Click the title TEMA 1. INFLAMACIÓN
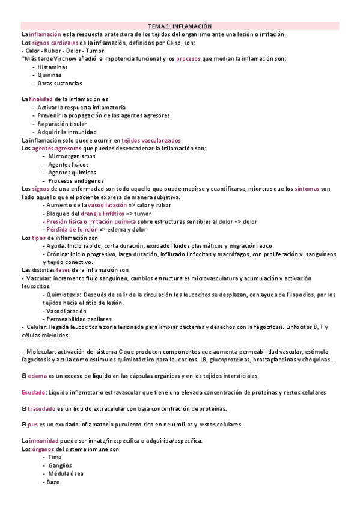180,26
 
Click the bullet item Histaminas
55,67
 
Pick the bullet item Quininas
52,75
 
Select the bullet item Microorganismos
72,156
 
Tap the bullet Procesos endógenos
76,180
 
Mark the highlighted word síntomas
307,189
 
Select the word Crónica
57,253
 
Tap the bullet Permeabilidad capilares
79,319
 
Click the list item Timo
55,457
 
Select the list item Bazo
55,482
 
